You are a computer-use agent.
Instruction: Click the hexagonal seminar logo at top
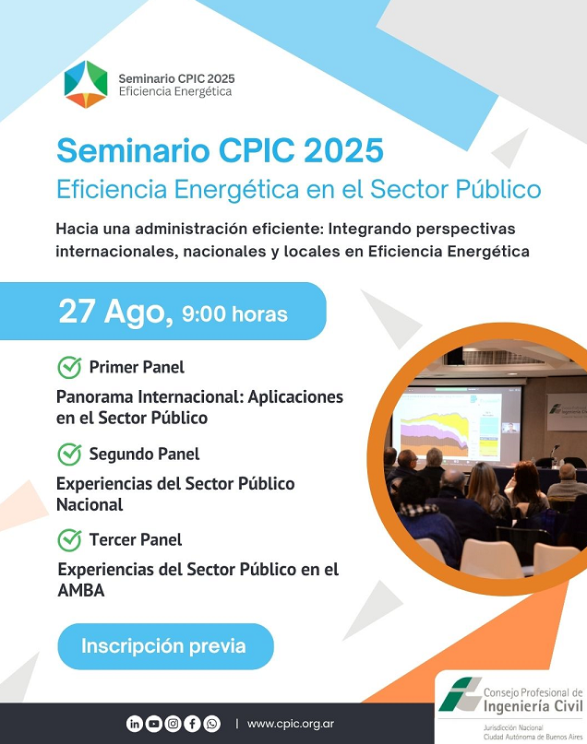click(86, 84)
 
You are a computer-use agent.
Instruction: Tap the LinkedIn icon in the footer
click(135, 724)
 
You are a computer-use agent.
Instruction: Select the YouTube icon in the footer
click(154, 724)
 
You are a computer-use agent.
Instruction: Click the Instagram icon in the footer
click(174, 724)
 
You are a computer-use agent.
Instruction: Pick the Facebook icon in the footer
click(192, 724)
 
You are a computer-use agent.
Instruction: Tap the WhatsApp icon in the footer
click(211, 724)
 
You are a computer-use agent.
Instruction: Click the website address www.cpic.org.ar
click(291, 724)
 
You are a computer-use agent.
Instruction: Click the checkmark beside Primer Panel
click(70, 367)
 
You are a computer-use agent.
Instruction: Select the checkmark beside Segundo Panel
click(70, 455)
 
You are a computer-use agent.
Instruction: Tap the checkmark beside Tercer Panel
click(70, 540)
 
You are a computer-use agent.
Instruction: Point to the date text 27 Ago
click(116, 313)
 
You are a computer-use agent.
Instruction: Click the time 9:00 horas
click(234, 314)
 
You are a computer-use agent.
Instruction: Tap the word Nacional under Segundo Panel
click(90, 504)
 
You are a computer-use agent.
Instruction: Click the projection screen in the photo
click(456, 426)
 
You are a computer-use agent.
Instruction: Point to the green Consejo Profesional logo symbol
click(460, 694)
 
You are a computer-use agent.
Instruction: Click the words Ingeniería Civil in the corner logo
click(533, 706)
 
